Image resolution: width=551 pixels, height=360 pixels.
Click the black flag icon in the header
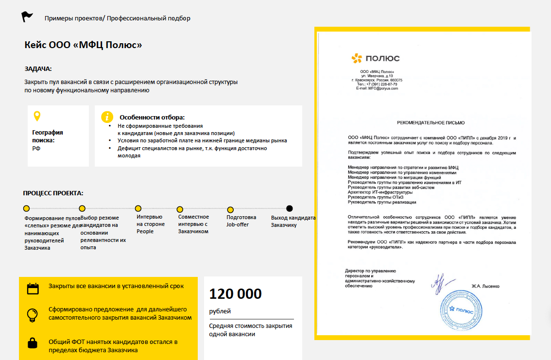(x=27, y=17)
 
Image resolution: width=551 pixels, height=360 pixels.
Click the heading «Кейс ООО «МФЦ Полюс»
(x=83, y=45)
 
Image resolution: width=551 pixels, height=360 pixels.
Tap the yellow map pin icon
(x=36, y=117)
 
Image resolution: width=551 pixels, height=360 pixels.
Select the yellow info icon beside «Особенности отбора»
(x=106, y=117)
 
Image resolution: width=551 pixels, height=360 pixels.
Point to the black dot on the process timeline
(x=290, y=208)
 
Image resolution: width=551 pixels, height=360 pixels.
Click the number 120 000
(x=235, y=294)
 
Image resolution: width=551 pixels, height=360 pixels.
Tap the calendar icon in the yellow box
(x=33, y=288)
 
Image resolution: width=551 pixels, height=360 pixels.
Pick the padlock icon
(x=33, y=343)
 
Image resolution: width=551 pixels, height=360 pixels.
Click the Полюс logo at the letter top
(x=375, y=59)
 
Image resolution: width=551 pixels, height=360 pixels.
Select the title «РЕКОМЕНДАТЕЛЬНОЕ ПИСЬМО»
(x=430, y=123)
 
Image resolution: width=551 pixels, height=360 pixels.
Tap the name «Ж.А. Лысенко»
(x=485, y=286)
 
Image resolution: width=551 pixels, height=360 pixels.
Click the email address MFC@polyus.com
(x=377, y=88)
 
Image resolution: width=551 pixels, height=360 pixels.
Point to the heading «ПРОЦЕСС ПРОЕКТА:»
(x=53, y=193)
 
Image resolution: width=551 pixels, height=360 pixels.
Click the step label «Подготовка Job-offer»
(x=241, y=221)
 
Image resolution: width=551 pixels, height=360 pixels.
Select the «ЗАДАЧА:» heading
(x=38, y=69)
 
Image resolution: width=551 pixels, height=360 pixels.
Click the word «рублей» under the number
(x=220, y=311)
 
